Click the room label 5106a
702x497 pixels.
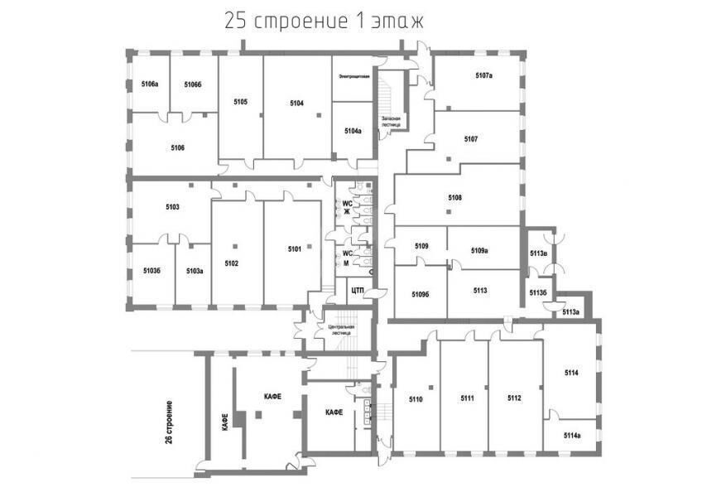(x=150, y=84)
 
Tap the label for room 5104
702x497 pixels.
(x=297, y=103)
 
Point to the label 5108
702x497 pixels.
(x=454, y=197)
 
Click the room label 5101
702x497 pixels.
(x=295, y=248)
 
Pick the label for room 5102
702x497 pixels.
(x=231, y=263)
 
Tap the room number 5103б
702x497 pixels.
(x=151, y=270)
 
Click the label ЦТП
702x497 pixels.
(x=358, y=290)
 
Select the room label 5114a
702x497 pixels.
(x=572, y=436)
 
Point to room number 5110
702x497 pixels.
(x=416, y=400)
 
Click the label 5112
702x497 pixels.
(x=514, y=399)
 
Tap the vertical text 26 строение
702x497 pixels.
(x=169, y=424)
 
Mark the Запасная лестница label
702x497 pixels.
(x=391, y=122)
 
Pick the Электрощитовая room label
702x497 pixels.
(x=353, y=76)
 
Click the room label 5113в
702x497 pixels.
(x=537, y=253)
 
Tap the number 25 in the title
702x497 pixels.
(x=235, y=22)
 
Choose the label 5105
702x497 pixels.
(x=240, y=101)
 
